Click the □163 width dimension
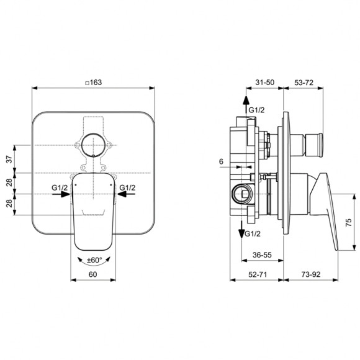coord(93,82)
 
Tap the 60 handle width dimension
coord(93,273)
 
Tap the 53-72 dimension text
coord(303,82)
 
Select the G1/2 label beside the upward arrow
coord(256,110)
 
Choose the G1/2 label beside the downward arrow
coord(253,234)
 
